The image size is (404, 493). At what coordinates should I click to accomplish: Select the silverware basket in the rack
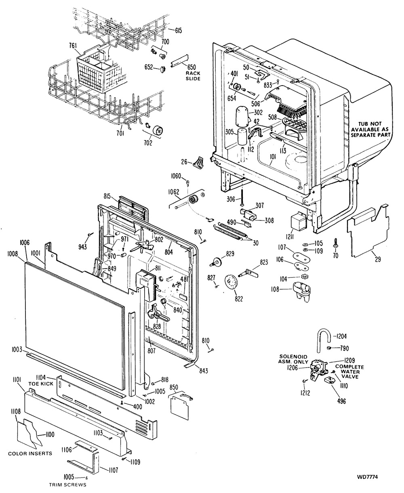[x=95, y=71]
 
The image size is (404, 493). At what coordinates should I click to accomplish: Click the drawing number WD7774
[x=368, y=477]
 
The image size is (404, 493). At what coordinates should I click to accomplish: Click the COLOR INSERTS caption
[x=30, y=453]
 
